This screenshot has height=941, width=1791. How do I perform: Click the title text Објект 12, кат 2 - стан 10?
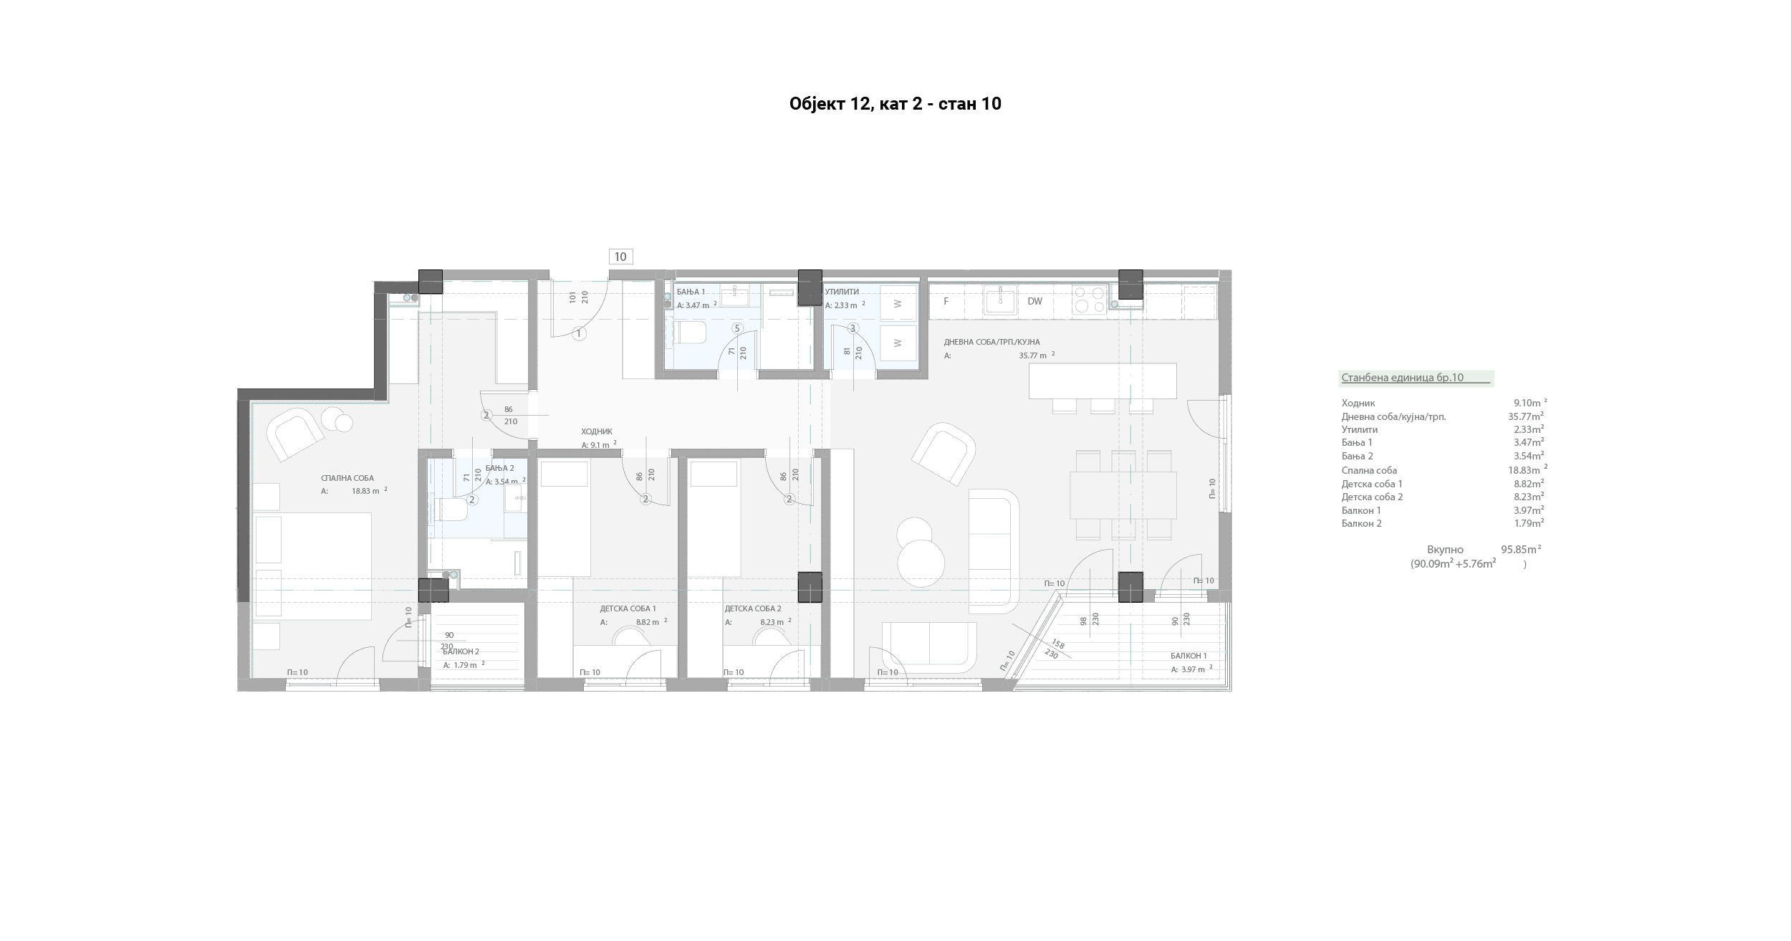[x=895, y=104]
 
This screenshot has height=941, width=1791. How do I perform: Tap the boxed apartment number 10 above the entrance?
[x=620, y=257]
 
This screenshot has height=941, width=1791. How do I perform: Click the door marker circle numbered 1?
[x=580, y=333]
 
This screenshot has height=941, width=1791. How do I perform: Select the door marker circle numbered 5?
[x=737, y=328]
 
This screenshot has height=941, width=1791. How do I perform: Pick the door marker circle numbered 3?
[x=853, y=328]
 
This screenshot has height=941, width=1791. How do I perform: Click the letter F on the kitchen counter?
[x=946, y=301]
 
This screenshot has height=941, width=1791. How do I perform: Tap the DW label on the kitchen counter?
[x=1034, y=301]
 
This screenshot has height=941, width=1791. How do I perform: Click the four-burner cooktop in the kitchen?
[x=1090, y=300]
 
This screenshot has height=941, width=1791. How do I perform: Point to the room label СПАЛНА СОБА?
[x=347, y=478]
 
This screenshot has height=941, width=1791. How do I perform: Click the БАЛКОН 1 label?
[x=1189, y=656]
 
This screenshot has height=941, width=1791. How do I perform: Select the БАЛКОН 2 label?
[x=461, y=651]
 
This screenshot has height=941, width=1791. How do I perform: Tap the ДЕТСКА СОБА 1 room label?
[x=628, y=608]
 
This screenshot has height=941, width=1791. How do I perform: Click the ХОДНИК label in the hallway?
[x=597, y=431]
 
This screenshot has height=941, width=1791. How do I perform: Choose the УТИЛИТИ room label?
[x=842, y=292]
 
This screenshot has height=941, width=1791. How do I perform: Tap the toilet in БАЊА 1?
[x=691, y=333]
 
